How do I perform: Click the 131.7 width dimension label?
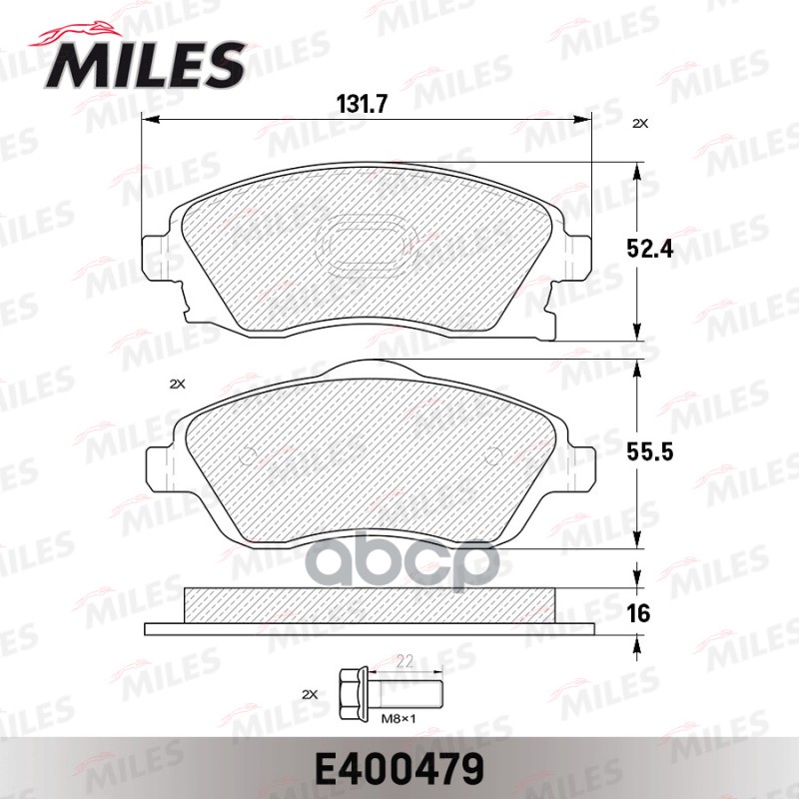click(x=369, y=101)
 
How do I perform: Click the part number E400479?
click(x=399, y=768)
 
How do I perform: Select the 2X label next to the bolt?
click(x=308, y=692)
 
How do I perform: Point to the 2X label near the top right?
click(x=639, y=124)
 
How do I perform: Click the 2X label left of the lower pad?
click(x=178, y=384)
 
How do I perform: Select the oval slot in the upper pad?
click(x=365, y=246)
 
